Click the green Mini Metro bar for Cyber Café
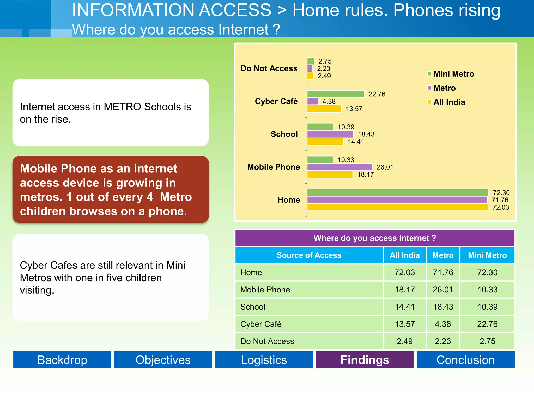click(336, 94)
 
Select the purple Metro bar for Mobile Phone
click(340, 167)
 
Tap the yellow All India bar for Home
click(397, 207)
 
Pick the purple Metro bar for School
click(330, 134)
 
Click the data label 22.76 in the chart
click(377, 94)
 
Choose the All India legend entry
click(449, 102)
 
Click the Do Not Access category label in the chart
click(269, 68)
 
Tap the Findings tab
click(365, 360)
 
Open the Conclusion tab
click(465, 360)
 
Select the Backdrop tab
click(62, 360)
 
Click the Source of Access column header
click(309, 255)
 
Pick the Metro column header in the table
click(443, 255)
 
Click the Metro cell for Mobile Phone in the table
click(443, 290)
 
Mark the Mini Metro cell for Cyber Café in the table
click(487, 324)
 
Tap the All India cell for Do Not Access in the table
click(405, 341)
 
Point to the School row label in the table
click(253, 307)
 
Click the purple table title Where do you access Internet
click(375, 238)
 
